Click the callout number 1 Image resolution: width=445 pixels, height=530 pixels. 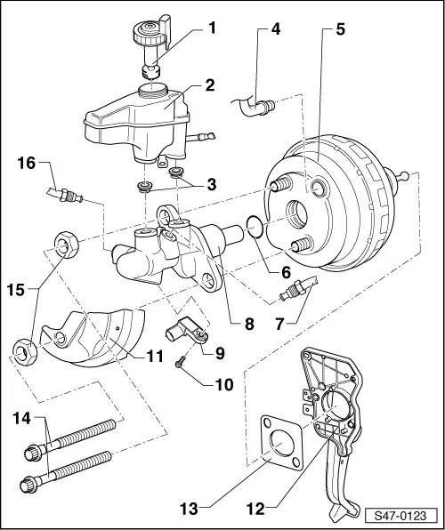click(x=211, y=28)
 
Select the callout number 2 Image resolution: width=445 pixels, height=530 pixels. click(x=210, y=86)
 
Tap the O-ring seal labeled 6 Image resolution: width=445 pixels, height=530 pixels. click(x=253, y=227)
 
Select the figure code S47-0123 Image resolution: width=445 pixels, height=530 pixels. click(x=401, y=515)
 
